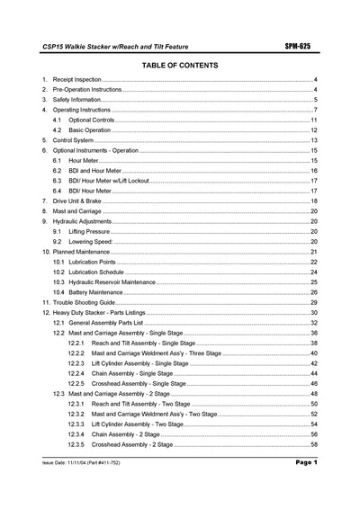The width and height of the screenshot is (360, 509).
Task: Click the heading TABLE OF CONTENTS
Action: pyautogui.click(x=179, y=66)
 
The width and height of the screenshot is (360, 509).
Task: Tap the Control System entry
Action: pyautogui.click(x=74, y=140)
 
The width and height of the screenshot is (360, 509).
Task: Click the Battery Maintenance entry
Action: pyautogui.click(x=97, y=291)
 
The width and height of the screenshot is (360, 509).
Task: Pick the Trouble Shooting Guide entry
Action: pyautogui.click(x=85, y=302)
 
